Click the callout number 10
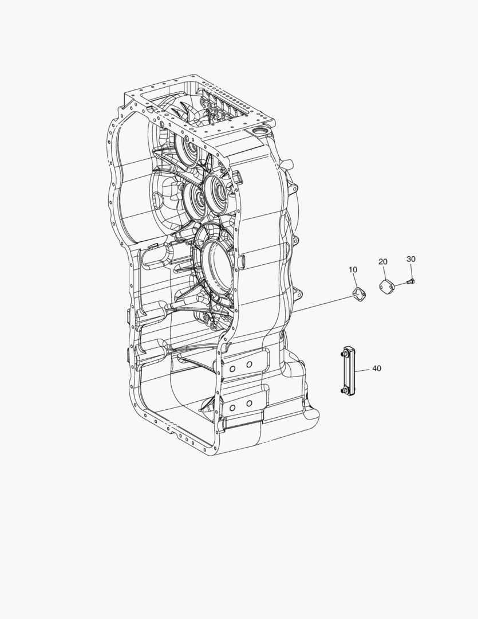[x=353, y=269]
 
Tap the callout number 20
[x=382, y=261]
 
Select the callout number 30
[x=410, y=259]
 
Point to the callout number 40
[x=377, y=368]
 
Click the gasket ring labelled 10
[x=358, y=295]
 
